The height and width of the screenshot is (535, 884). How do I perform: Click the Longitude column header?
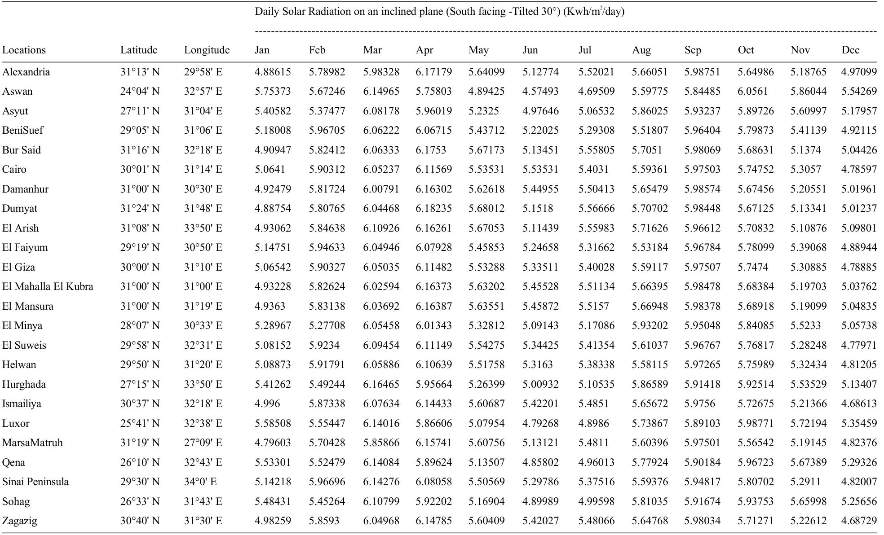[207, 50]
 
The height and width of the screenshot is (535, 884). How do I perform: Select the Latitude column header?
[139, 50]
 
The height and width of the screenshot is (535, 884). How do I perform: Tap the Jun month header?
[530, 50]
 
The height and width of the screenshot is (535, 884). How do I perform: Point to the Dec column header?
[850, 50]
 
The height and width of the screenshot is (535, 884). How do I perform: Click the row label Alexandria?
[26, 72]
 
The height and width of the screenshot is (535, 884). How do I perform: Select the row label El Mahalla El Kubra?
[48, 286]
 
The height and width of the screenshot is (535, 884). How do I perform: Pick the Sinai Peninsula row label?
[35, 482]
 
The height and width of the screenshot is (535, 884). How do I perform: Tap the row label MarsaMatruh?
[32, 443]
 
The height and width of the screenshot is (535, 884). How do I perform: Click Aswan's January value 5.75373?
[273, 91]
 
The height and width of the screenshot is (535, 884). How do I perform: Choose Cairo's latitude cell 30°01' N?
[140, 169]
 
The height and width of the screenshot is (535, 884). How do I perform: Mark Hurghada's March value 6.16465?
[381, 384]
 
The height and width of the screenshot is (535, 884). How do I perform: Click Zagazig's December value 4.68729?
[859, 521]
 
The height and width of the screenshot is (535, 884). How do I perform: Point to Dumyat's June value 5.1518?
[537, 208]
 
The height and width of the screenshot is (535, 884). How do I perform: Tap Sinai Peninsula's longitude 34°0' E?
[200, 482]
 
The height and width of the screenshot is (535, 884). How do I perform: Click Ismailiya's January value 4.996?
[267, 403]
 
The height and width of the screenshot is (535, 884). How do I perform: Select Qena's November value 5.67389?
[808, 462]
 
